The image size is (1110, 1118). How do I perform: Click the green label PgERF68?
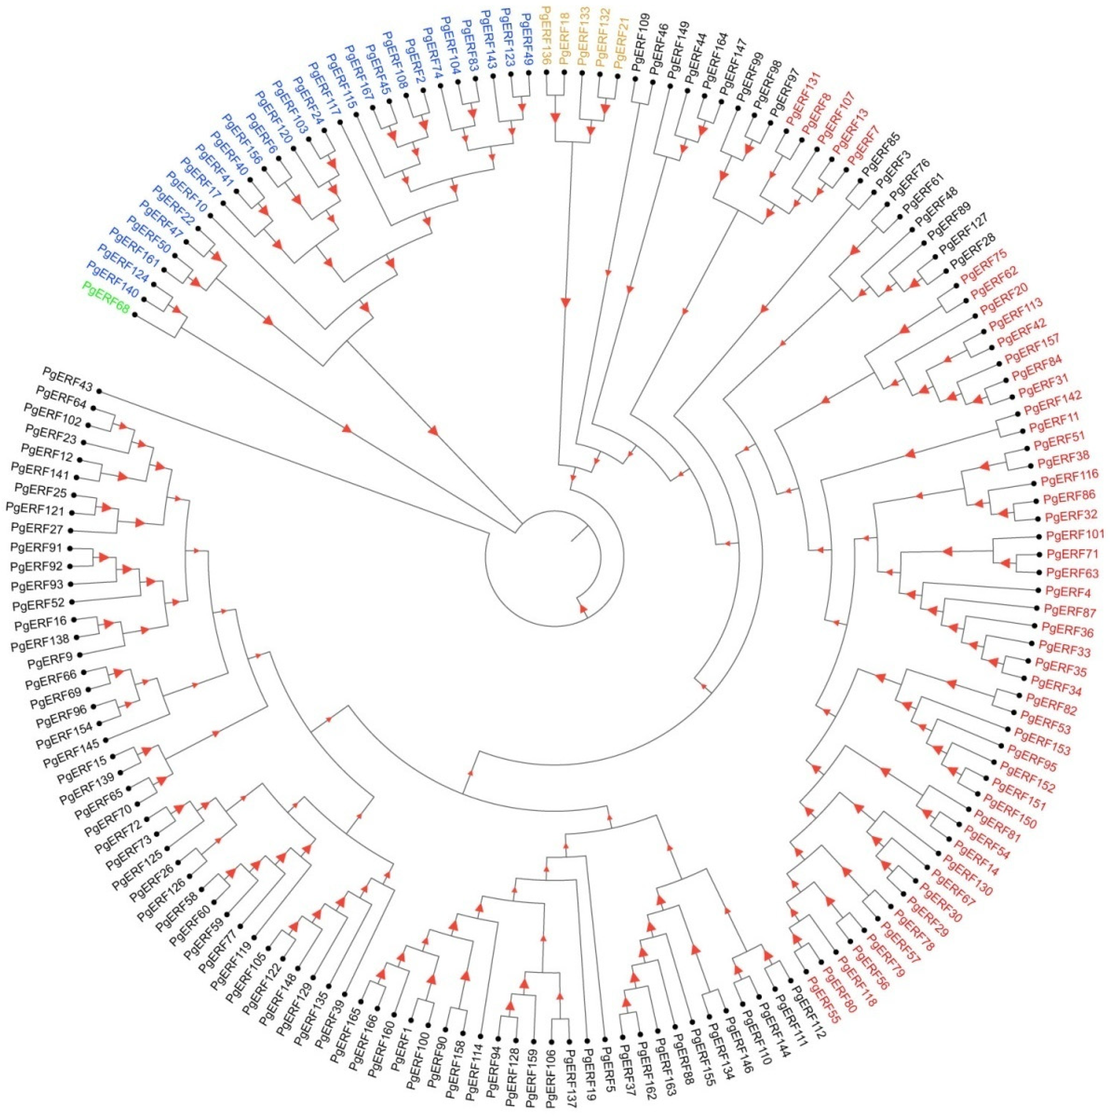(106, 297)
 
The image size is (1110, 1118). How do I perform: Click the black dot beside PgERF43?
(99, 391)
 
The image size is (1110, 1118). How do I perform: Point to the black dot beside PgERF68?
(134, 315)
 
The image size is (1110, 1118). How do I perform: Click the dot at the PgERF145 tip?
(107, 740)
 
